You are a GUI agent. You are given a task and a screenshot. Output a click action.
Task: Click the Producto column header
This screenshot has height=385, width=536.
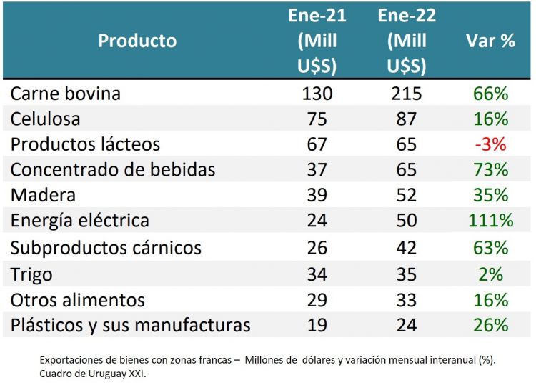137,41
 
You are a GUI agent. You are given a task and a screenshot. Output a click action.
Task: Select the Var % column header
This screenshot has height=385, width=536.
490,41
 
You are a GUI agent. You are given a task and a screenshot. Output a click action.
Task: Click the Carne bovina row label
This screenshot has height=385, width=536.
66,94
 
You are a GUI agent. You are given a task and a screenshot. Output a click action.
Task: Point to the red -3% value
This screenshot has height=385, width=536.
490,145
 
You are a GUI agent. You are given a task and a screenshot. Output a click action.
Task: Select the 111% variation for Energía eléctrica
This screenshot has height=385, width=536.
490,221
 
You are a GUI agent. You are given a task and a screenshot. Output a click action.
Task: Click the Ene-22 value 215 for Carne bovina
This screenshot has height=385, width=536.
406,94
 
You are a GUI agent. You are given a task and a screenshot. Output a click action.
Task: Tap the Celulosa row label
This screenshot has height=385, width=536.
46,119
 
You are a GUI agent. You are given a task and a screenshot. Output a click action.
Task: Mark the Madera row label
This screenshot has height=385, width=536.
43,196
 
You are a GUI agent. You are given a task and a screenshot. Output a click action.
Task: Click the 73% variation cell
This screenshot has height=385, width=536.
490,171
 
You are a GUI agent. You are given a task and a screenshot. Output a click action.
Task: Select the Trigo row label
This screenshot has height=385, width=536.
31,274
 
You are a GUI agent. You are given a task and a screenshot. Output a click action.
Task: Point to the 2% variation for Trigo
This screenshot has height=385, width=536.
490,274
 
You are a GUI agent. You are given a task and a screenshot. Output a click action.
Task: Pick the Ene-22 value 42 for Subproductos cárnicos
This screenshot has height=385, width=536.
406,248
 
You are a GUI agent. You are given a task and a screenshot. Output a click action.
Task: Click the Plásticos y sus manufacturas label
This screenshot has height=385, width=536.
130,326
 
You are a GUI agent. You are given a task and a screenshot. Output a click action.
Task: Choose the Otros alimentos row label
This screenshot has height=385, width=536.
78,300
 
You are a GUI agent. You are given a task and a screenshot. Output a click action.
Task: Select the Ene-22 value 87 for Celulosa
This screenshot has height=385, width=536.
406,119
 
